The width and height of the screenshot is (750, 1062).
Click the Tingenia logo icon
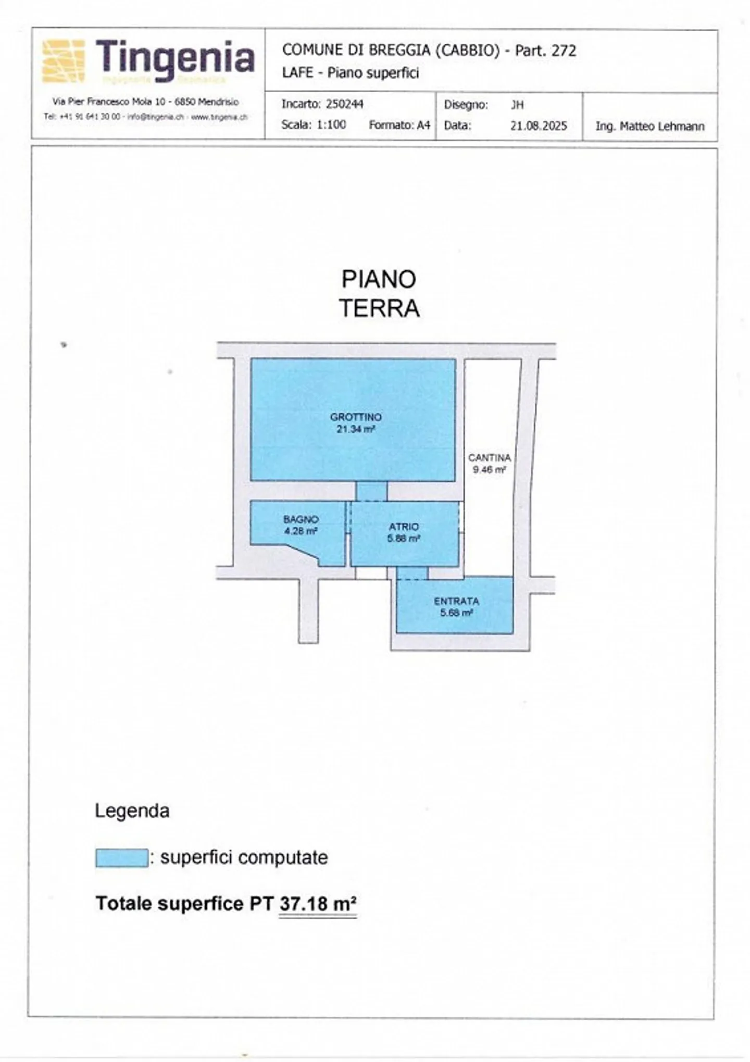click(x=63, y=61)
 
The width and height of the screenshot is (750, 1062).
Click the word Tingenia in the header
click(x=175, y=58)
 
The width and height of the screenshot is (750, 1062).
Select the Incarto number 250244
click(x=344, y=104)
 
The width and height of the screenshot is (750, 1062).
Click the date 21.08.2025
click(x=538, y=126)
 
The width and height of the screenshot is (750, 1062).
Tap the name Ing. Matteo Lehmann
click(x=649, y=126)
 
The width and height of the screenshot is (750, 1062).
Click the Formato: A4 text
click(x=399, y=125)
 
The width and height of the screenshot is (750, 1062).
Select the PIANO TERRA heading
click(x=379, y=294)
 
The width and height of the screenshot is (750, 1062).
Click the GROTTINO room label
click(x=356, y=417)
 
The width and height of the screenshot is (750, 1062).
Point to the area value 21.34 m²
click(x=356, y=430)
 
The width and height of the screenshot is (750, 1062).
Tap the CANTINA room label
click(x=489, y=458)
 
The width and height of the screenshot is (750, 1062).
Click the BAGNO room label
click(x=301, y=519)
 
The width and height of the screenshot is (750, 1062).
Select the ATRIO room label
click(x=404, y=527)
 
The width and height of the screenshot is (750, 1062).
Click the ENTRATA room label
click(x=456, y=601)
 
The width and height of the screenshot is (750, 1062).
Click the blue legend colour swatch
click(x=121, y=858)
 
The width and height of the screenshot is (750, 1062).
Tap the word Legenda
click(x=132, y=811)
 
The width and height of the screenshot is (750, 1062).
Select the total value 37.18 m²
click(x=318, y=903)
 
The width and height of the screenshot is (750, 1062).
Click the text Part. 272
click(x=545, y=51)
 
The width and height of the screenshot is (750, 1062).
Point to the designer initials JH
click(x=517, y=105)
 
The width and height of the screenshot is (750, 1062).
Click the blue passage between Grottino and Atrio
click(x=371, y=491)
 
